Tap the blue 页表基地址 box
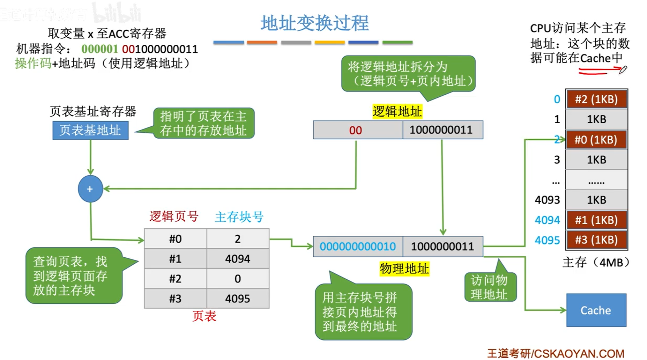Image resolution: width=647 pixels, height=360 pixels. (90, 130)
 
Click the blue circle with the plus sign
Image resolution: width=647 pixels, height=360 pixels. (90, 189)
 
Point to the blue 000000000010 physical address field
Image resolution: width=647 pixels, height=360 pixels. (358, 247)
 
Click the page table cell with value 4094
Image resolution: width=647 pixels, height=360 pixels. (238, 259)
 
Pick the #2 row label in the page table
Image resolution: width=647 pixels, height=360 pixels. (175, 279)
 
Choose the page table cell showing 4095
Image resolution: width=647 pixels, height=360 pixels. (238, 299)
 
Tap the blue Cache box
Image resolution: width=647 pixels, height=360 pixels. (596, 310)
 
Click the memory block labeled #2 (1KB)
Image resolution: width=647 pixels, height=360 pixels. (596, 99)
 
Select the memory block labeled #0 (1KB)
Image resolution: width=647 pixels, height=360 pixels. (596, 140)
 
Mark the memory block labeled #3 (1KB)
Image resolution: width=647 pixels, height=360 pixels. (596, 240)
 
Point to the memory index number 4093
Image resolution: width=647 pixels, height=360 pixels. (547, 200)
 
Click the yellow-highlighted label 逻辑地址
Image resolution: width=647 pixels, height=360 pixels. (397, 112)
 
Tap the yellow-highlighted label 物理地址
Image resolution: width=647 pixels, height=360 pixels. (404, 269)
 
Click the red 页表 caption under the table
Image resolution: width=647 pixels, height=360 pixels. (204, 316)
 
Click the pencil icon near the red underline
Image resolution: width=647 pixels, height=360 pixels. (623, 69)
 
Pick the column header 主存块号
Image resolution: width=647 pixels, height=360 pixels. (239, 217)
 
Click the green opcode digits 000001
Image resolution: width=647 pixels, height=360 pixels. (100, 49)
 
